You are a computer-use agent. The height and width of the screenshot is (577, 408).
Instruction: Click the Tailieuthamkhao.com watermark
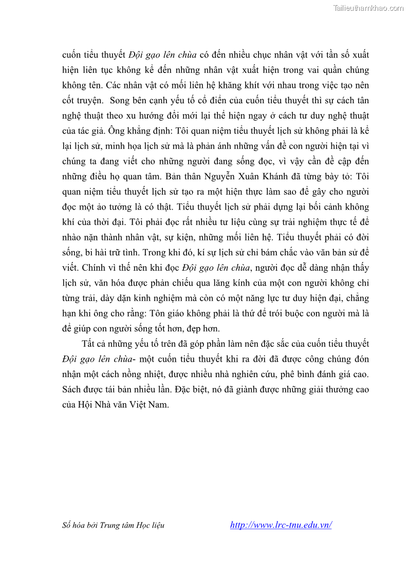368,8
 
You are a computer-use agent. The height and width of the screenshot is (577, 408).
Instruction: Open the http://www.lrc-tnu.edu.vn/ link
281,525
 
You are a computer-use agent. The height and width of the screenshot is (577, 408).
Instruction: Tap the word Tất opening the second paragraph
88,344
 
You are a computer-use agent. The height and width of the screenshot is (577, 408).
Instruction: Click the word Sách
71,389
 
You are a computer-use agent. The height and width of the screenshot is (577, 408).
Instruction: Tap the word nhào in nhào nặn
72,237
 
